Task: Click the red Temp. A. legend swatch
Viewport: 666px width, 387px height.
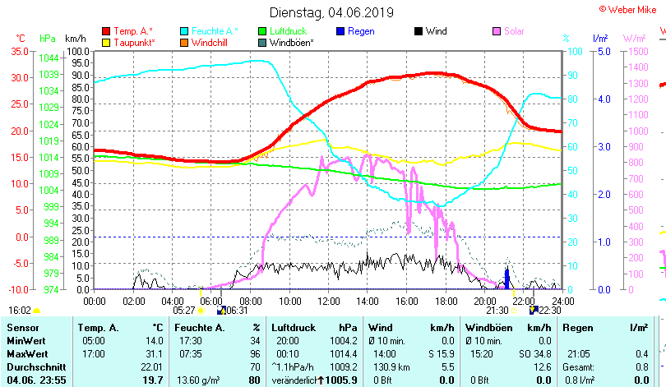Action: (x=106, y=31)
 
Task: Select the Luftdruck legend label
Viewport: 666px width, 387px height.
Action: (x=289, y=31)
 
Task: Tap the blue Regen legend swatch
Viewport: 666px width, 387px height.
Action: (x=340, y=31)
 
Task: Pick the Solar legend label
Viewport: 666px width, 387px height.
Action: (x=514, y=31)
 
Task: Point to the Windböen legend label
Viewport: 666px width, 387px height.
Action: (x=291, y=42)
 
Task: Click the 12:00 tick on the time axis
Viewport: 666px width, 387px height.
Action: (x=328, y=300)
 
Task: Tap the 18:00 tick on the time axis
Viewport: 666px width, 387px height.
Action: (x=445, y=300)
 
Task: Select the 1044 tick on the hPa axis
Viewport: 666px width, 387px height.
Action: (x=49, y=58)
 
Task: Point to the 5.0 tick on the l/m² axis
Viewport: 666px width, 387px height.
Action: (x=601, y=51)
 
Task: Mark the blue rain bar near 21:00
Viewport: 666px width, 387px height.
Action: (x=506, y=279)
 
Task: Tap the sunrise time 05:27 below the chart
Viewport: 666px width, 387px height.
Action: (x=184, y=311)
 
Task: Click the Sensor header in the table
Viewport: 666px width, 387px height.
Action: (x=22, y=328)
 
